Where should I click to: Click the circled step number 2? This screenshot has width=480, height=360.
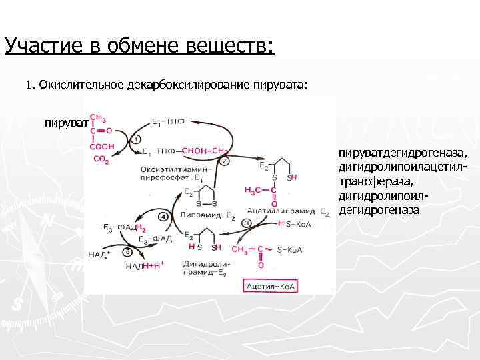pos(224,161)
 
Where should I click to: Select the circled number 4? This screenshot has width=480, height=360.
pos(163,217)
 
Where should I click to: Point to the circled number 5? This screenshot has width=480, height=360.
pos(128,252)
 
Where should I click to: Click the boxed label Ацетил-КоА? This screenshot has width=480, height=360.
pos(272,286)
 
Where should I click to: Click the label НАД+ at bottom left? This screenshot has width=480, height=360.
pos(100,255)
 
